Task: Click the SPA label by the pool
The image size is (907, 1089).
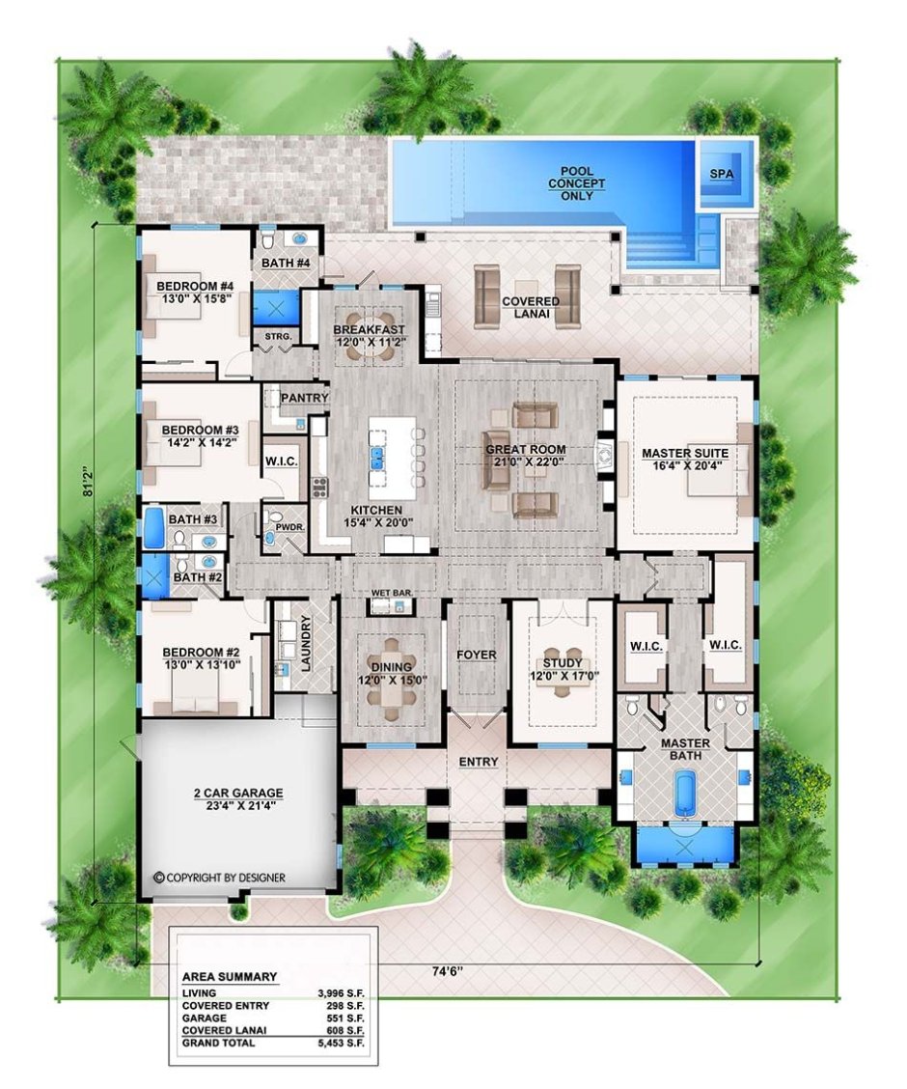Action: point(721,175)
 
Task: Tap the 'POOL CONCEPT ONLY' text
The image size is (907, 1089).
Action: point(577,183)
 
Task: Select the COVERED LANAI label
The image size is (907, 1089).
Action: point(531,307)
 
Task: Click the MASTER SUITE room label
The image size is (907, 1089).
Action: point(685,460)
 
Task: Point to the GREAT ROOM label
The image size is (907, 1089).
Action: point(525,455)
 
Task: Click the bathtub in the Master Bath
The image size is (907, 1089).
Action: point(685,791)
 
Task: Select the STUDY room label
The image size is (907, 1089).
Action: point(563,669)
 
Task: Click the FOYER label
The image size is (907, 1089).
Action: point(476,655)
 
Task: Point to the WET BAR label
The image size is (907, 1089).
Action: point(392,593)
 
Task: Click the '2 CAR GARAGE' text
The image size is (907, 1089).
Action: point(238,798)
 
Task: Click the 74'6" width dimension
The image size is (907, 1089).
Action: point(444,971)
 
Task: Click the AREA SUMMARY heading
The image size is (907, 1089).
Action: point(229,976)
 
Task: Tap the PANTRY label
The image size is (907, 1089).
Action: point(305,397)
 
